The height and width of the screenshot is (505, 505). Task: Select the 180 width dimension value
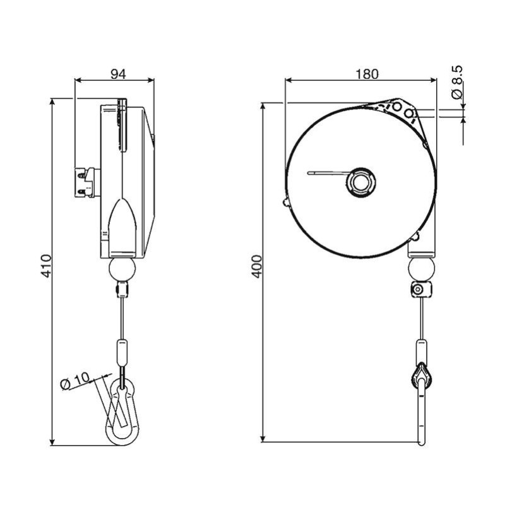point(367,73)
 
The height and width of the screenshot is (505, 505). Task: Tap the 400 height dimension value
point(255,268)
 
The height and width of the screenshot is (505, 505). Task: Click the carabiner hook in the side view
point(123,411)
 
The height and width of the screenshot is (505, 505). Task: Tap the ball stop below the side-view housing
point(122,270)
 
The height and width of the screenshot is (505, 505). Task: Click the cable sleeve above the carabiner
point(121,352)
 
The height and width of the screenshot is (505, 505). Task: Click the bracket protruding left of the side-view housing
point(87,182)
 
